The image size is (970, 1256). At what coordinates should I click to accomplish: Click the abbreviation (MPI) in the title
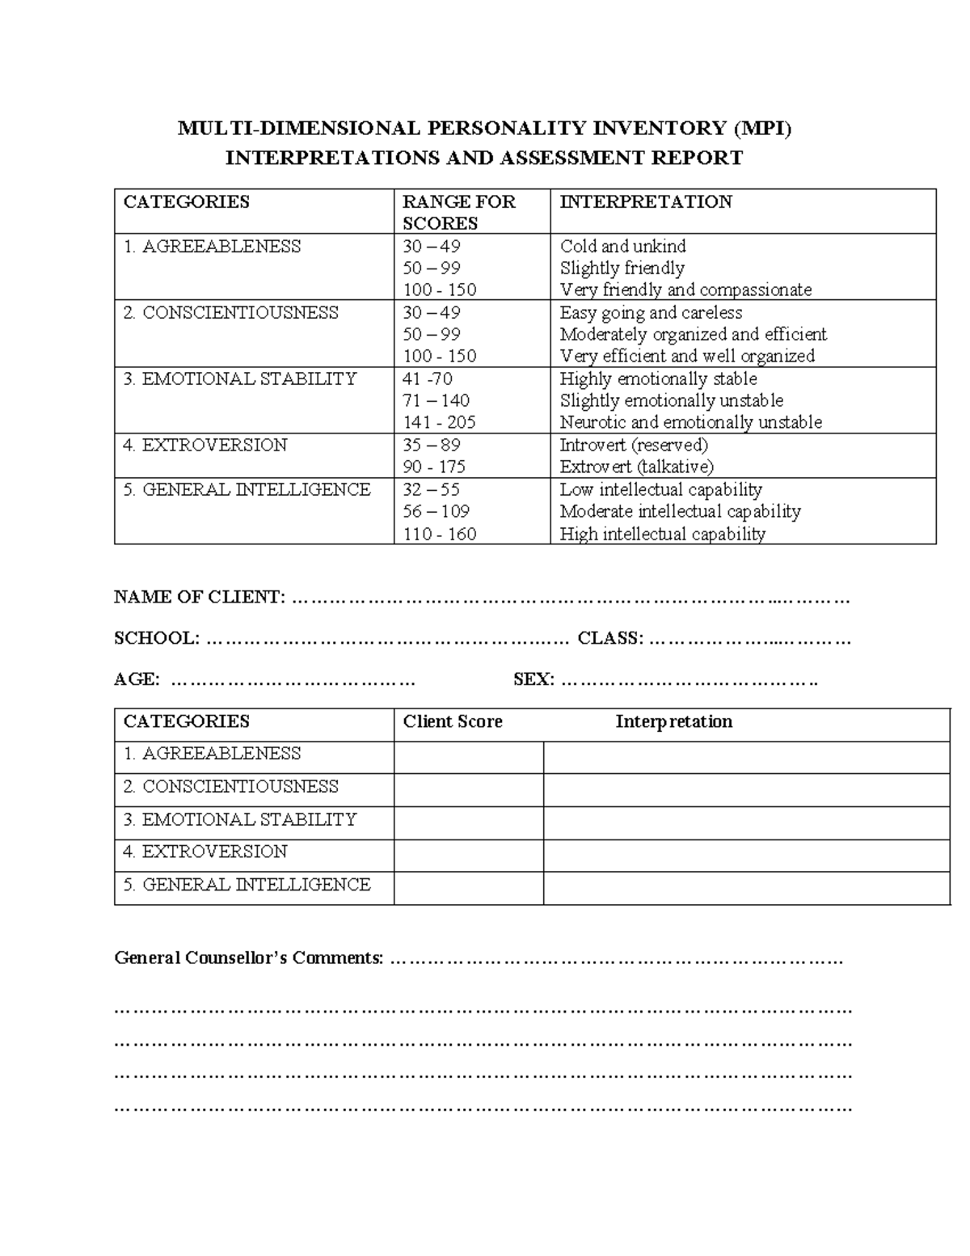tap(762, 128)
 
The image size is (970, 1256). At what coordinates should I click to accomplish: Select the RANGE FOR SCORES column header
tap(458, 212)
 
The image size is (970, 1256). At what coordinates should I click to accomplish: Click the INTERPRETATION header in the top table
tap(646, 201)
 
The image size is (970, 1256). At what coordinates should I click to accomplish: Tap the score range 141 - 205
tap(439, 422)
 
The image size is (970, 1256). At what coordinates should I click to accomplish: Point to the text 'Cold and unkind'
tap(622, 246)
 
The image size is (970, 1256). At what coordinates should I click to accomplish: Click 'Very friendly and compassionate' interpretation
tap(685, 290)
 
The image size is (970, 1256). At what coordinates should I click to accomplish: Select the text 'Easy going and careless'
tap(651, 312)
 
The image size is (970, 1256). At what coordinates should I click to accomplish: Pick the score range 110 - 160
tap(439, 534)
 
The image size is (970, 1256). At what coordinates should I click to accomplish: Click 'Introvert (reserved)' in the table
tap(634, 445)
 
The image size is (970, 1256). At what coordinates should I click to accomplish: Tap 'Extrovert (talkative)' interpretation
tap(636, 467)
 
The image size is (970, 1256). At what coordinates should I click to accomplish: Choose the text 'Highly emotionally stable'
tap(658, 378)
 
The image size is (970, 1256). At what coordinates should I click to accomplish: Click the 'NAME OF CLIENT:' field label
tap(200, 598)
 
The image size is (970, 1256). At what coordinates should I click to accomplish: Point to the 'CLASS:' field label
tap(610, 638)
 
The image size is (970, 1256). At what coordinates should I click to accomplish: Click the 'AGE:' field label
tap(137, 679)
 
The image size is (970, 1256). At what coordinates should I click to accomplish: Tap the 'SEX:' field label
tap(533, 679)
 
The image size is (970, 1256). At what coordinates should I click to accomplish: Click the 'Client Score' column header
tap(453, 721)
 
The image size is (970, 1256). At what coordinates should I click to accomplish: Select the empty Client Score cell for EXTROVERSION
tap(468, 855)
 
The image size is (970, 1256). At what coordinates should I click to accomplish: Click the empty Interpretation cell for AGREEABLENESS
tap(745, 757)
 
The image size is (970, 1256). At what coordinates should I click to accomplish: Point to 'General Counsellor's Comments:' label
tap(249, 958)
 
